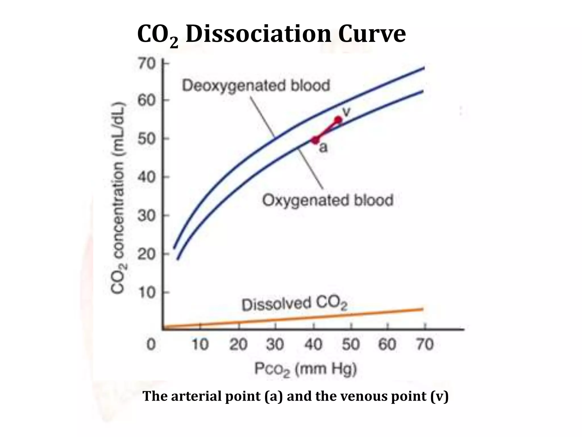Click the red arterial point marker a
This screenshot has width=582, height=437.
click(315, 140)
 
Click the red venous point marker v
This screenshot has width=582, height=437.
click(338, 120)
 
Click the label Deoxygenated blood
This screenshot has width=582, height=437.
click(256, 86)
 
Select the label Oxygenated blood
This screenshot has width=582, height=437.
click(328, 200)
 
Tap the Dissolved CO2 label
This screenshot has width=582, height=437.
click(294, 304)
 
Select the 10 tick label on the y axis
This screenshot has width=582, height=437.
click(147, 292)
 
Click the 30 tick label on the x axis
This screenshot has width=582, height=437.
click(275, 345)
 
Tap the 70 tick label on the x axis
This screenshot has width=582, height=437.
click(425, 345)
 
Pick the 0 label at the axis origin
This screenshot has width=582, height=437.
click(151, 345)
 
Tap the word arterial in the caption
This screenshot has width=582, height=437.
click(196, 396)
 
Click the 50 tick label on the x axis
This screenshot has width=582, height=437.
click(351, 345)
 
